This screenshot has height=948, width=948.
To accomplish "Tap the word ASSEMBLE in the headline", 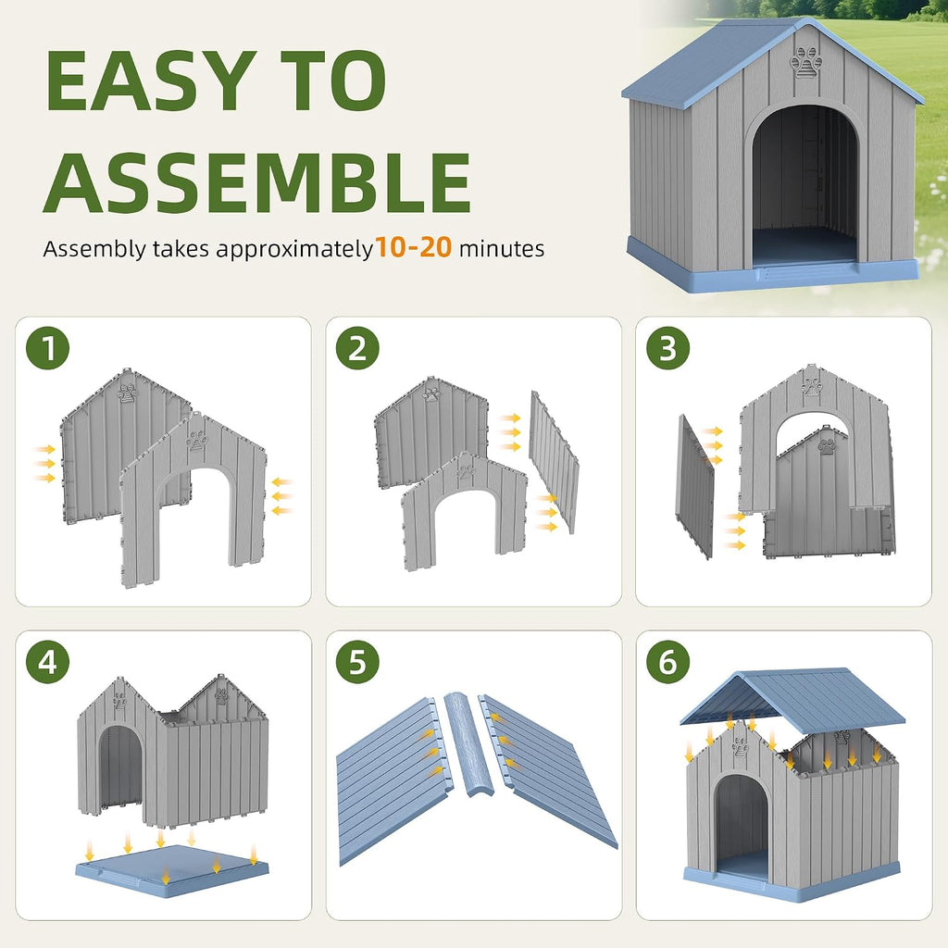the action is [x=257, y=182].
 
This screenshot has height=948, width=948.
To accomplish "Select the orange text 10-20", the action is [x=414, y=247].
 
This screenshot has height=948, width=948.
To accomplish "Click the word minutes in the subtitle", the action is [x=502, y=248].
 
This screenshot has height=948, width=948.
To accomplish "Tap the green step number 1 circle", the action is [x=48, y=348].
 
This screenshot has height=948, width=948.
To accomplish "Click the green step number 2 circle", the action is [x=357, y=348].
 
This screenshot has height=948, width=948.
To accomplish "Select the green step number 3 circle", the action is [x=667, y=348].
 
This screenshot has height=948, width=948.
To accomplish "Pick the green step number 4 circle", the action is [x=48, y=662].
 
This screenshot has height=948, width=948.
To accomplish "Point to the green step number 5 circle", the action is [x=357, y=662].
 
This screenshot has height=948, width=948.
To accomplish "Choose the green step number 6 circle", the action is [x=667, y=662].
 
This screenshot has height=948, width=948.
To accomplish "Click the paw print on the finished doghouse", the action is [x=806, y=62].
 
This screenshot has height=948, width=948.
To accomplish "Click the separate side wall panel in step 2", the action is [x=554, y=462].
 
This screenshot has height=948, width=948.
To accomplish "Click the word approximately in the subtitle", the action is [x=294, y=250].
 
